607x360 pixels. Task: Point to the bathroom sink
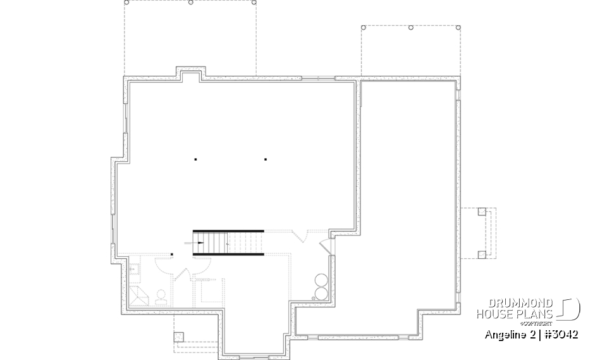coord(133,270)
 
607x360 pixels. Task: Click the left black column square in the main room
coord(196,159)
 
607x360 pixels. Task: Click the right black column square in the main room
coord(266,159)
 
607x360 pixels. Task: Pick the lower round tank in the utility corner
coord(321,293)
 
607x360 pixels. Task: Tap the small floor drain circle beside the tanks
coord(313,297)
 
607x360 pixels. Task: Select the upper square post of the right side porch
coord(482,211)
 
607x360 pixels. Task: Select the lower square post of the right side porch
coord(482,254)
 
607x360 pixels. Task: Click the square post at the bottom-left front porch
coord(178,336)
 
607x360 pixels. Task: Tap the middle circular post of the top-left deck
coord(190,3)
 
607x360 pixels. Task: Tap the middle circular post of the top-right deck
coord(411,28)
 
